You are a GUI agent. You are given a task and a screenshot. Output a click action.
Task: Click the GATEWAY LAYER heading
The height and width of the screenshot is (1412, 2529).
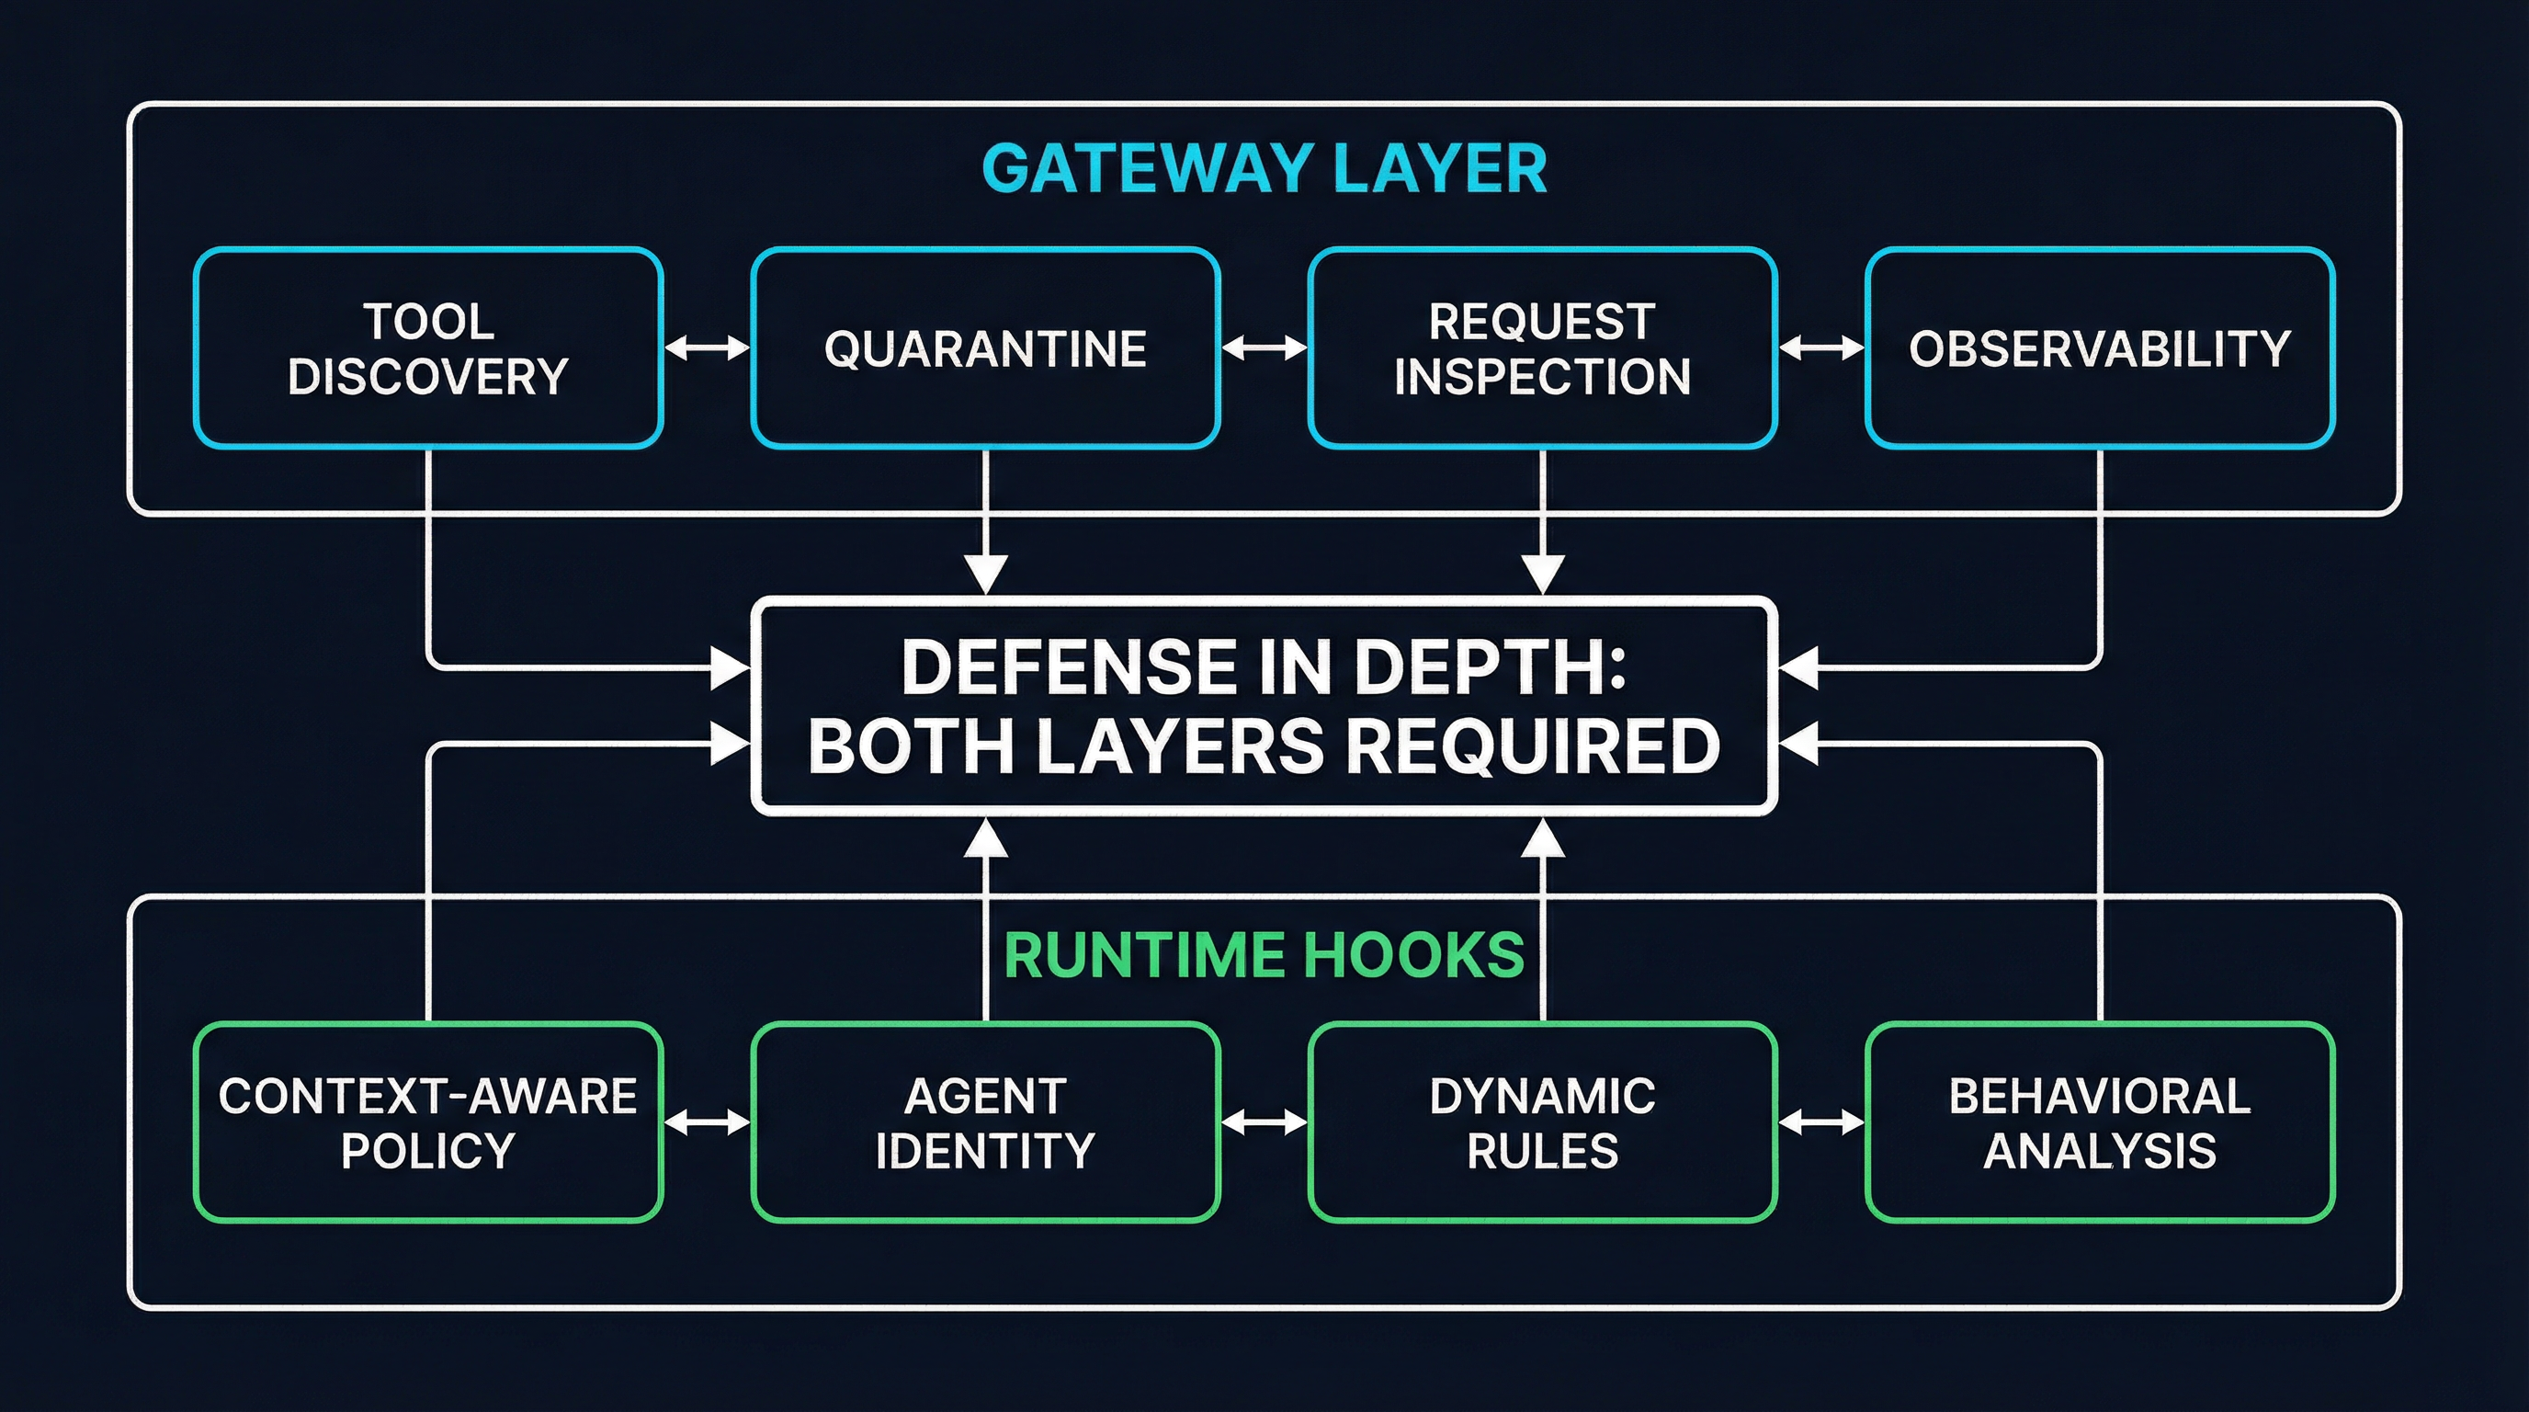[x=1264, y=169]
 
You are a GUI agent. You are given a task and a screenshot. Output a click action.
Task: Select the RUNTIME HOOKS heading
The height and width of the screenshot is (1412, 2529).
[x=1264, y=955]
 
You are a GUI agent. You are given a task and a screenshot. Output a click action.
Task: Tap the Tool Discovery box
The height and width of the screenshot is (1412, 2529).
[x=428, y=348]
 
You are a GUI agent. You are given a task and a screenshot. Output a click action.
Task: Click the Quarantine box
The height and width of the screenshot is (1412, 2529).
[x=985, y=348]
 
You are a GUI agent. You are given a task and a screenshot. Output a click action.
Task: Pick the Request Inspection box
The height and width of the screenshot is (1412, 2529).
[x=1541, y=348]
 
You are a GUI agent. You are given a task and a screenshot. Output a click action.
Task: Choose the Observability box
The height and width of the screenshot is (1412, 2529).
[x=2099, y=348]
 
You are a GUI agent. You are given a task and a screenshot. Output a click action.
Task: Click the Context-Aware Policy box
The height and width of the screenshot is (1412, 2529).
[x=428, y=1122]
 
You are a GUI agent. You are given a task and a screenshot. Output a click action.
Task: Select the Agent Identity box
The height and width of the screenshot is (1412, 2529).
[x=985, y=1122]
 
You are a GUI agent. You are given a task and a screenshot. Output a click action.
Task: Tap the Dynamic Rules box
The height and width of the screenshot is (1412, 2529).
[x=1541, y=1122]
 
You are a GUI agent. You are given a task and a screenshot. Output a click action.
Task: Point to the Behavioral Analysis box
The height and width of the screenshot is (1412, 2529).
[x=2099, y=1122]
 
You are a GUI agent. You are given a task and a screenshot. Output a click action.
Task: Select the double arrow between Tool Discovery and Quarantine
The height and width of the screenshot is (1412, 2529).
[x=707, y=347]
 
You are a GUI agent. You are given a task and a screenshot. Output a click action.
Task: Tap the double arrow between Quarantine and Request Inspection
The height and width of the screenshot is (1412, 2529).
[x=1264, y=347]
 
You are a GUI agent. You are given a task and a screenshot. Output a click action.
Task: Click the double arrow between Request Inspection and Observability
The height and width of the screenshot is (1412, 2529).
[x=1821, y=347]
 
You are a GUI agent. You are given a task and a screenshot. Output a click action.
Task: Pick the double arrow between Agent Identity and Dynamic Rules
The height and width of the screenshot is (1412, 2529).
[x=1264, y=1122]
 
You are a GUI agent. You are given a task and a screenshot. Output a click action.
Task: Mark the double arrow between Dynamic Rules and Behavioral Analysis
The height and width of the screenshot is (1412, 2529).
[x=1821, y=1122]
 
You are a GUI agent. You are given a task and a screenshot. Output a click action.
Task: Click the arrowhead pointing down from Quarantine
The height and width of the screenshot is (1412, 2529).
[x=986, y=574]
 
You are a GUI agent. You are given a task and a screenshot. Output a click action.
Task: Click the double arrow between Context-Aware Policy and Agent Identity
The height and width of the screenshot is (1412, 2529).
[x=707, y=1122]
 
